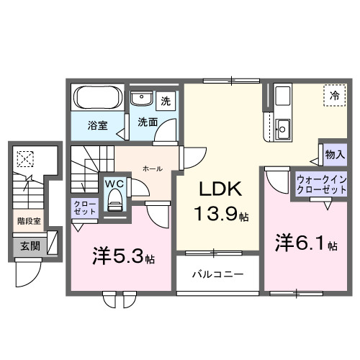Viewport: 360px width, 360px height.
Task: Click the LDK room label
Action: point(215,191)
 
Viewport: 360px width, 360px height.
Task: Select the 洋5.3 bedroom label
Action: point(124,256)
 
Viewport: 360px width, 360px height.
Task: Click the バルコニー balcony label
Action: point(217,275)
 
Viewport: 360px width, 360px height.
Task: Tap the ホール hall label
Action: point(152,168)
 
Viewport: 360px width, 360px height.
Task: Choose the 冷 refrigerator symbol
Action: point(334,94)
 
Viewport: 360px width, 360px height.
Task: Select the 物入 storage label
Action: point(335,154)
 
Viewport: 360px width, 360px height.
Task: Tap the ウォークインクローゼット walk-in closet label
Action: point(321,183)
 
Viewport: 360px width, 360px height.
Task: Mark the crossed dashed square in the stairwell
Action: point(27,157)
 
